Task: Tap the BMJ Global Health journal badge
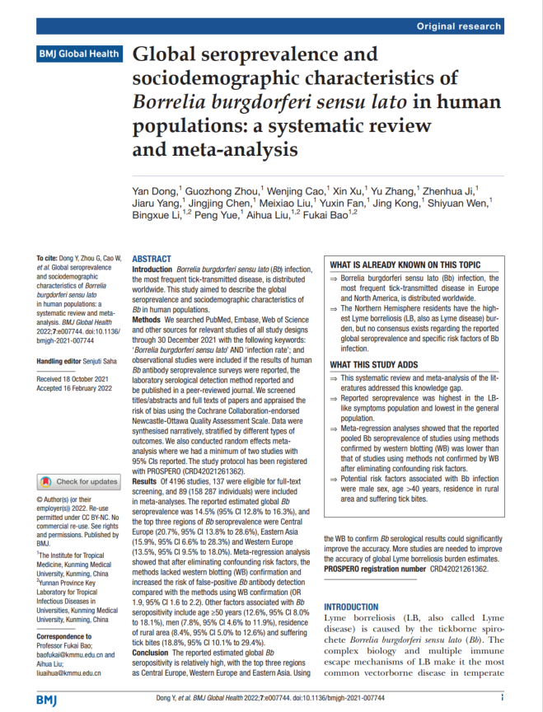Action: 79,54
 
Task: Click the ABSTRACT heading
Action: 152,258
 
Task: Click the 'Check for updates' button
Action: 81,482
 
